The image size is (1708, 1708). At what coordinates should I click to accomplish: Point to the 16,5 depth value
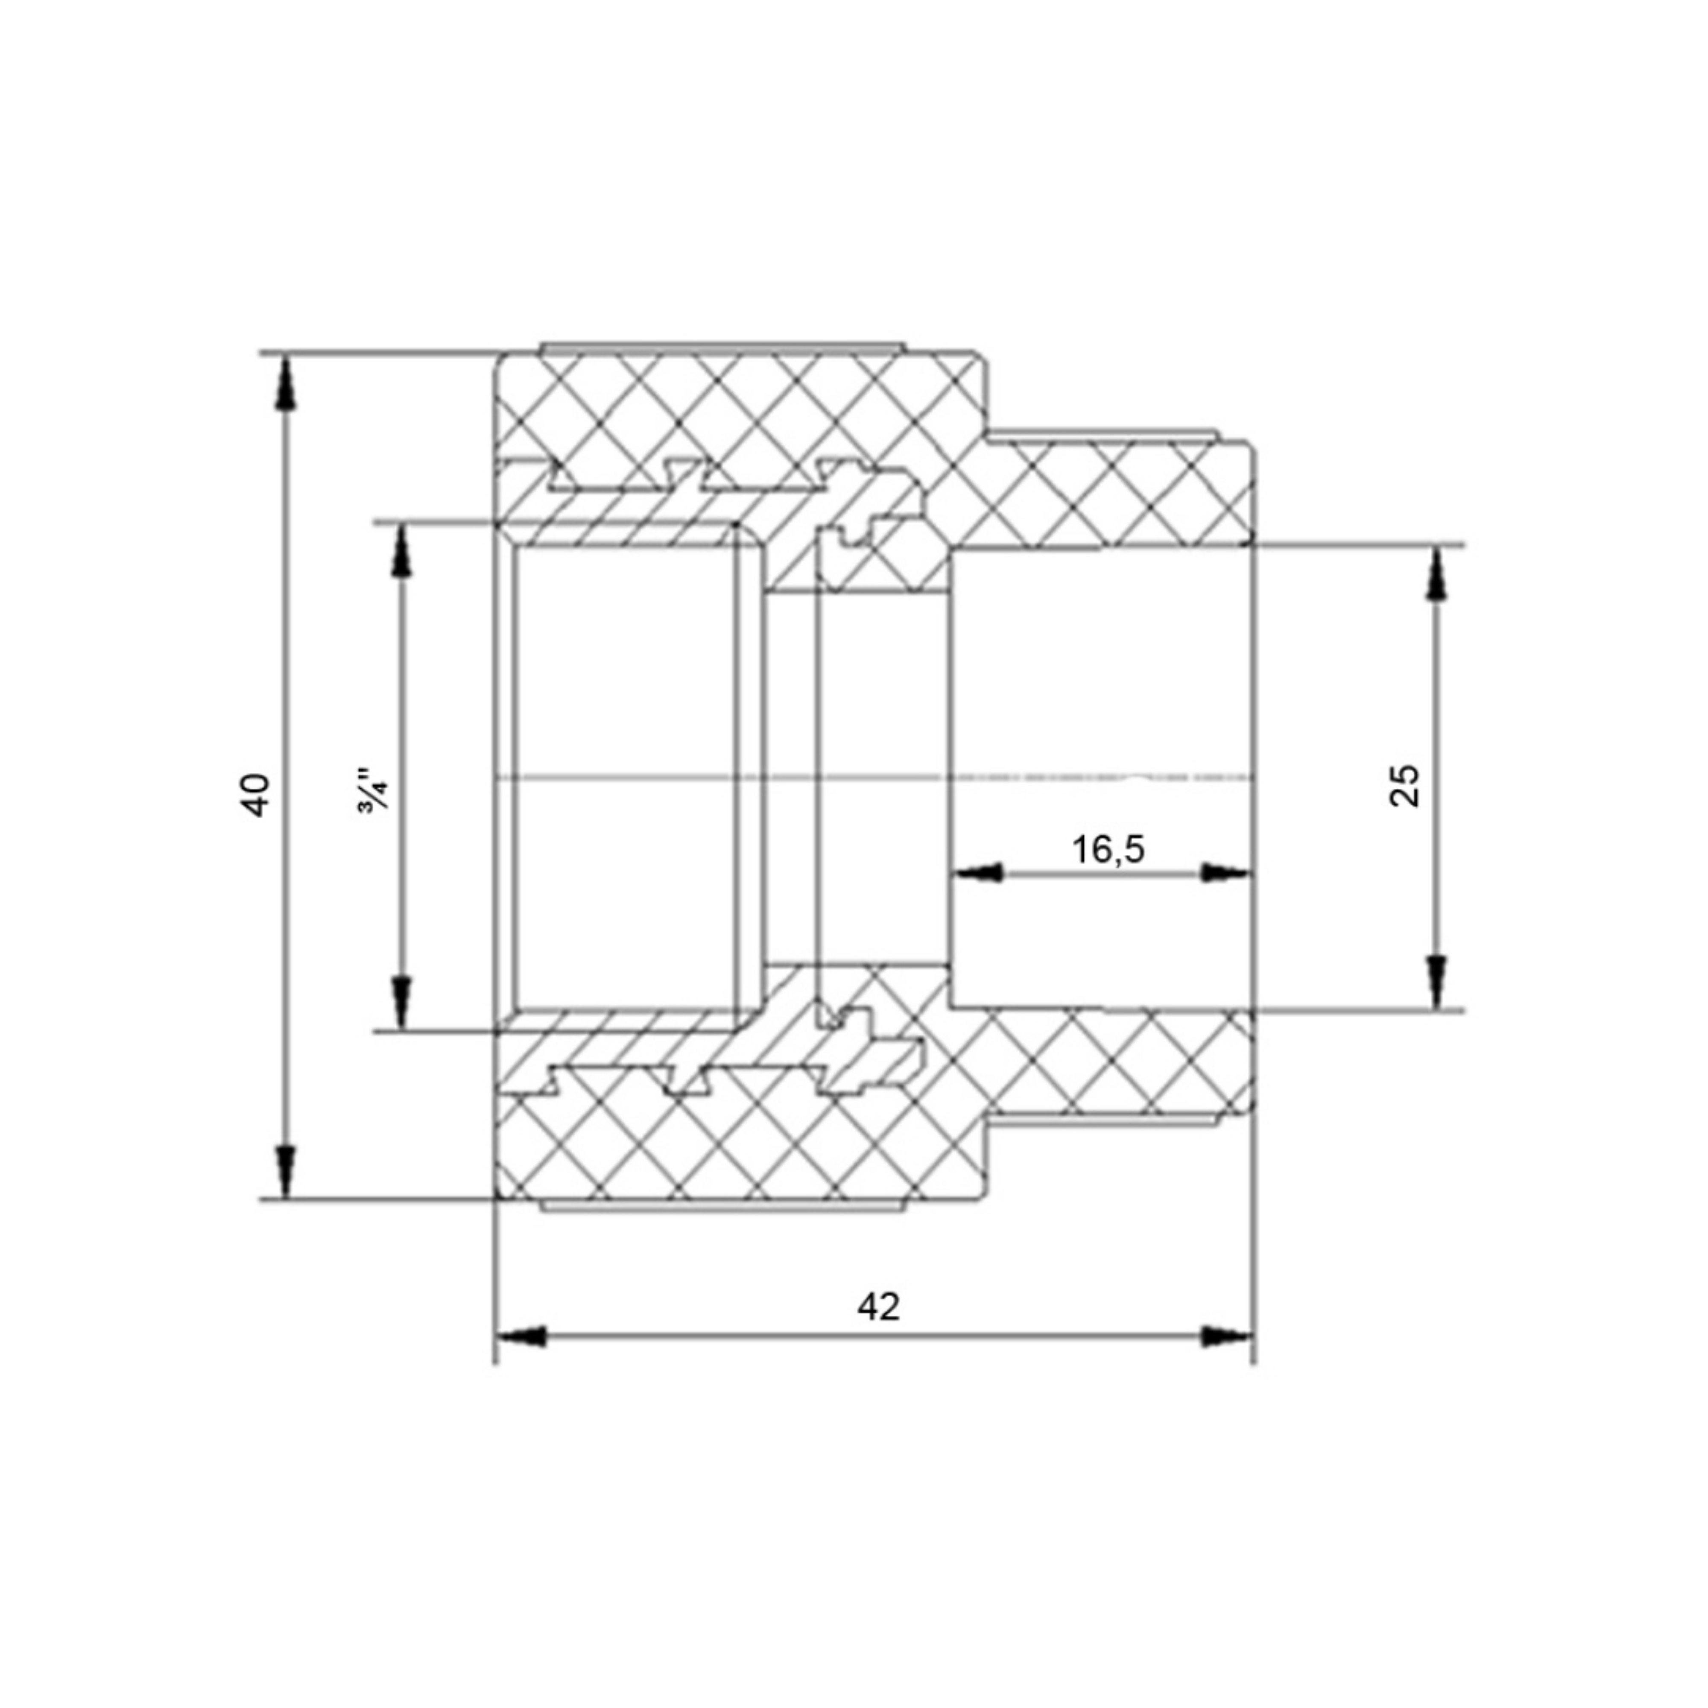(1108, 850)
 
